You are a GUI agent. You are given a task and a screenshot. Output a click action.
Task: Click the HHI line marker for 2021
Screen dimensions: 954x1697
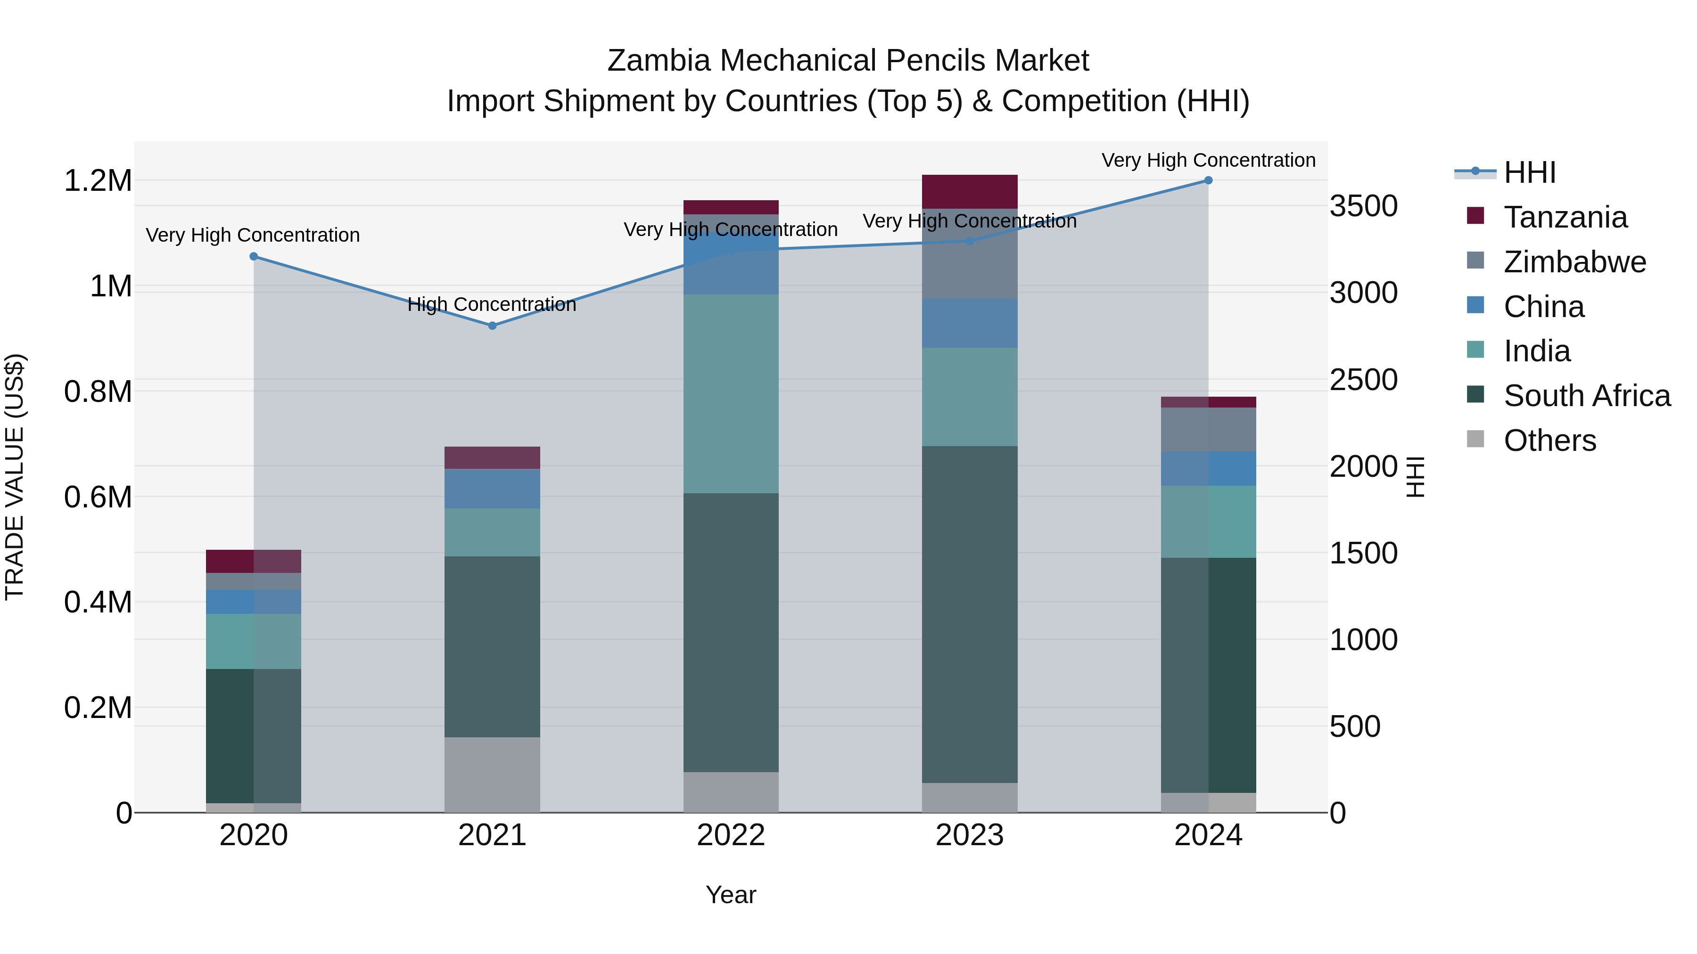click(492, 325)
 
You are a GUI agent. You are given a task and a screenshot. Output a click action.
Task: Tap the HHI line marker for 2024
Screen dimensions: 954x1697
click(1208, 180)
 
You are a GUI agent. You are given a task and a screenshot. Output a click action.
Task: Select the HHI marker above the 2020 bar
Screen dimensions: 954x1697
click(254, 256)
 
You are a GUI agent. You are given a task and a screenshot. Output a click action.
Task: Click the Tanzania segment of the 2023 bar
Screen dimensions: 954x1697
click(969, 192)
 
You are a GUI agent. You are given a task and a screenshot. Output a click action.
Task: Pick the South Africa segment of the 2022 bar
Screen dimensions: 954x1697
click(731, 632)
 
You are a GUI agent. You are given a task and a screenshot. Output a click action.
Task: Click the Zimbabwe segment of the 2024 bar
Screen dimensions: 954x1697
click(1208, 429)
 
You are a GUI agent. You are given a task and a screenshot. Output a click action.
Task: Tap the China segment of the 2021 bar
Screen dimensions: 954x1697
click(492, 489)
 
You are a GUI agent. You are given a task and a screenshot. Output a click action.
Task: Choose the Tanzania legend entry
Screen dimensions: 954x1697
click(1565, 217)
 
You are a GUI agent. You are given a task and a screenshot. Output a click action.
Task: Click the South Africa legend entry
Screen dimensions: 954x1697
click(1586, 396)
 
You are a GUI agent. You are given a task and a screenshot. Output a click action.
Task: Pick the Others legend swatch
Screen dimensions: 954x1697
click(1475, 439)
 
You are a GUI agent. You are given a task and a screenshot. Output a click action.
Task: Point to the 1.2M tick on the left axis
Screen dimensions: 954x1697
click(98, 181)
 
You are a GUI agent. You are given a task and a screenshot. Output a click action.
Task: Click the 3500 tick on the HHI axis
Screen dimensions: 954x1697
click(1363, 206)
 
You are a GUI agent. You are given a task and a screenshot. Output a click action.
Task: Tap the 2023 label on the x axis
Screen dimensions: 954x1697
click(969, 835)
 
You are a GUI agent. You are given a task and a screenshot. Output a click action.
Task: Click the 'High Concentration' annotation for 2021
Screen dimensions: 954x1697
click(492, 304)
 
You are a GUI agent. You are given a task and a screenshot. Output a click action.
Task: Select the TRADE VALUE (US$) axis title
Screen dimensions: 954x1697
click(15, 477)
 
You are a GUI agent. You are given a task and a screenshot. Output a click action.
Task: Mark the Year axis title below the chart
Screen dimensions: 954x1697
click(731, 895)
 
